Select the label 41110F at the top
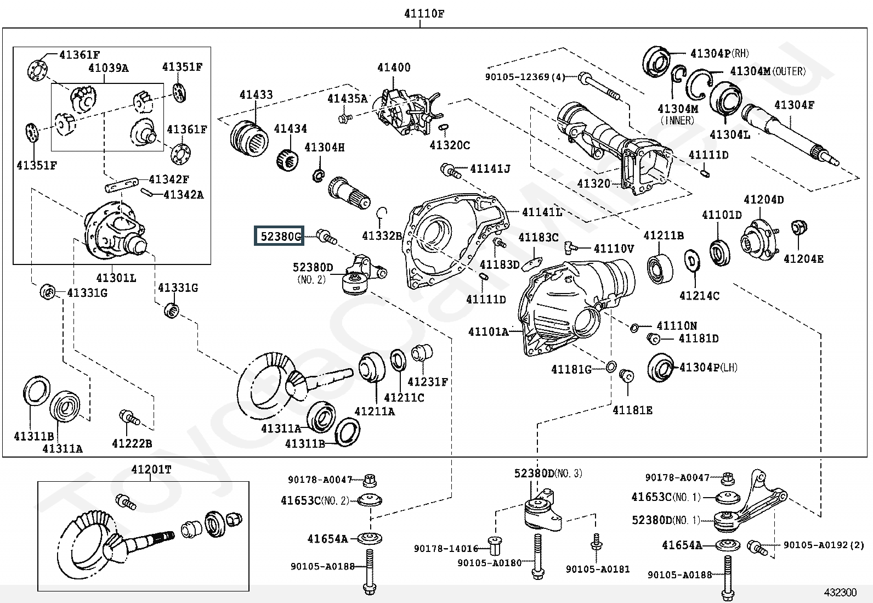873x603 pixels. [424, 14]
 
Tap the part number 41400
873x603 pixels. [394, 67]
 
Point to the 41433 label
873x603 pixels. [256, 95]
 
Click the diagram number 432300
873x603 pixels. [840, 592]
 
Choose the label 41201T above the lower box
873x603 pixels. [151, 470]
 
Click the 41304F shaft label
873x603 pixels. [794, 105]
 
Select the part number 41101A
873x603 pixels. [488, 331]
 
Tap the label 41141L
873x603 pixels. [542, 212]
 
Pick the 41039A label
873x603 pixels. [109, 68]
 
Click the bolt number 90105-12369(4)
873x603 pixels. [525, 77]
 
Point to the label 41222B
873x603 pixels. [132, 443]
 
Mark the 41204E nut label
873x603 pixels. [803, 258]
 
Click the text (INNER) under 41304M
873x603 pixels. [678, 120]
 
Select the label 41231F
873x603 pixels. [428, 381]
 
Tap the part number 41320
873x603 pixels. [594, 183]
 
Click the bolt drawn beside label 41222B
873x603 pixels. [129, 419]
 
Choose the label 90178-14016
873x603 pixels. [446, 548]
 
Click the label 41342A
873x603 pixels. [183, 194]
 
